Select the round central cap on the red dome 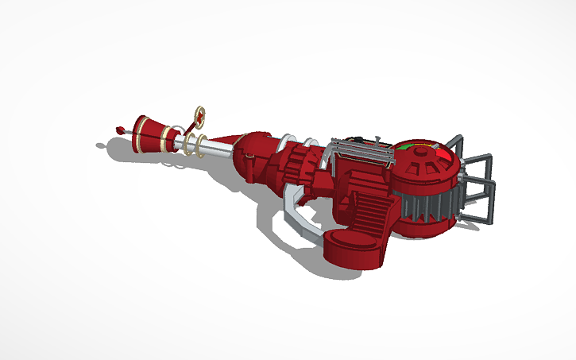pos(419,167)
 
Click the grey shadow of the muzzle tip pos(101,145)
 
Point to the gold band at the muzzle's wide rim pos(166,142)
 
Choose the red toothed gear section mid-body pos(298,164)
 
